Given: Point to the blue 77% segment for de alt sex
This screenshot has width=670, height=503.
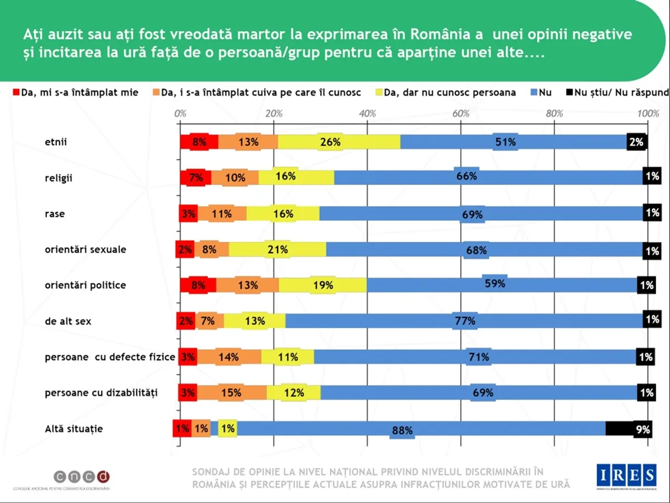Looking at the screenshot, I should coord(465,321).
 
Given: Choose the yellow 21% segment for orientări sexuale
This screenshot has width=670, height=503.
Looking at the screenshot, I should coord(277,249).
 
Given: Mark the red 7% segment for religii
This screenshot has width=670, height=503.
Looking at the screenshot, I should coord(195,178).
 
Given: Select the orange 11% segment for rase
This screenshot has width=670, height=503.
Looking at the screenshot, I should coord(222,213).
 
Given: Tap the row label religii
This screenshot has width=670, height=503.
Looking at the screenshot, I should coord(59,178).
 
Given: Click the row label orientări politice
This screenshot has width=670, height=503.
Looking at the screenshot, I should coord(85,285).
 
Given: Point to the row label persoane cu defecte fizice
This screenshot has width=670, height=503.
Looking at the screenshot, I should coord(110,357).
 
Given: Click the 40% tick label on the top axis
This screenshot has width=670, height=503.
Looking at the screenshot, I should coord(367,113).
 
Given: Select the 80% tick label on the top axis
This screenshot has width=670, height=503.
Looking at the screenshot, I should coord(554,113).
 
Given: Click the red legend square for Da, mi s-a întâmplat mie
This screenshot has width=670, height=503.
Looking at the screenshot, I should coord(16,92).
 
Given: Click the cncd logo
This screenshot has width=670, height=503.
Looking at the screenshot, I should coord(82,477).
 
